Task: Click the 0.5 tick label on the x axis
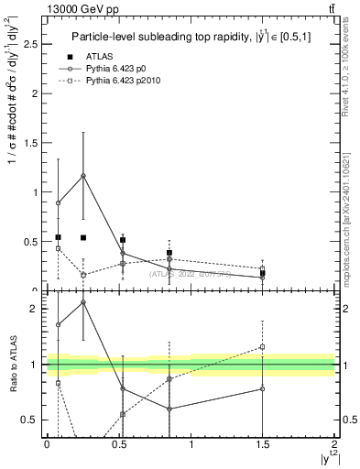coord(119,443)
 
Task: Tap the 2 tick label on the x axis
coord(335,443)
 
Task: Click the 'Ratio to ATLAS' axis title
coord(14,365)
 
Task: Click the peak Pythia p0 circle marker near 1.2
coord(83,176)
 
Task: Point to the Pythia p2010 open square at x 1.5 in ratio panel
coord(263,346)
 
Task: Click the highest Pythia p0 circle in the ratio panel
coord(83,301)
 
